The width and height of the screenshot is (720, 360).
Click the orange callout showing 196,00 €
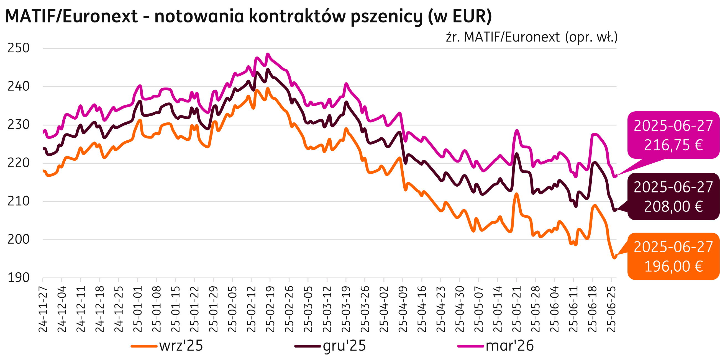673,256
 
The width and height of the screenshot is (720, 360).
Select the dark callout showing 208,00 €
673,197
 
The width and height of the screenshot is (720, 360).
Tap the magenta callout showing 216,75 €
673,135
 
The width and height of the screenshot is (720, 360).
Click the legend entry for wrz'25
167,346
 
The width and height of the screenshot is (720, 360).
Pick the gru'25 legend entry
330,346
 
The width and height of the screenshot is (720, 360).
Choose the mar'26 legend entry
496,346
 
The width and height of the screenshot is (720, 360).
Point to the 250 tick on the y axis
19,48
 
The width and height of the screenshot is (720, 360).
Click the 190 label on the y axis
19,278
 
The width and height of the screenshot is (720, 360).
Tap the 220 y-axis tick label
19,163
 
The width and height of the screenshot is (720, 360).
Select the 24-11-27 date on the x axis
43,309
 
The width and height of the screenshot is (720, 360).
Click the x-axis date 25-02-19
270,309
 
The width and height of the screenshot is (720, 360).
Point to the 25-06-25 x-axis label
611,309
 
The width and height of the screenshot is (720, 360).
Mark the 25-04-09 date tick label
403,309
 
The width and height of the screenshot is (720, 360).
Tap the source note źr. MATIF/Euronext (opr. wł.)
531,37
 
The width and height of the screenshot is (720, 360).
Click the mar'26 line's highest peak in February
268,54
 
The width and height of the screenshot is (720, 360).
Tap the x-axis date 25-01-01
137,309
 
